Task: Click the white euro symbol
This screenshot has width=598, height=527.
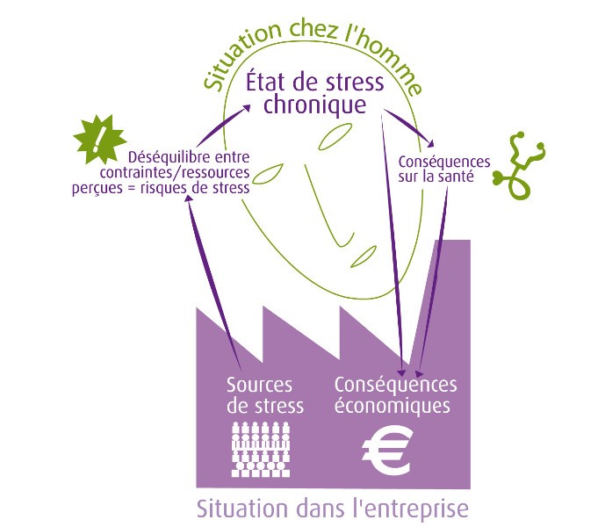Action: pos(386,451)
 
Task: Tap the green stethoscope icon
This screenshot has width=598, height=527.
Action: pos(520,166)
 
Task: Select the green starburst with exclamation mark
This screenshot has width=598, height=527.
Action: pos(99,139)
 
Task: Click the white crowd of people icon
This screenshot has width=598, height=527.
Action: pos(261,450)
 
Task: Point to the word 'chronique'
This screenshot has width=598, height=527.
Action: pos(315,105)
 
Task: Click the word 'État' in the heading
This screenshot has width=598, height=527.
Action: pos(263,82)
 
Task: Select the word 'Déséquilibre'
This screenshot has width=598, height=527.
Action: pos(169,157)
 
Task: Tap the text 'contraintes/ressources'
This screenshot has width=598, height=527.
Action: pos(175,172)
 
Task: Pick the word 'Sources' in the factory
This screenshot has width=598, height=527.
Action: pos(259,385)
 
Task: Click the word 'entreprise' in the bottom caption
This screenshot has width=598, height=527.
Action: pos(411,509)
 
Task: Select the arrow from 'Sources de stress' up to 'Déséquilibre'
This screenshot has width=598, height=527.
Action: pos(213,283)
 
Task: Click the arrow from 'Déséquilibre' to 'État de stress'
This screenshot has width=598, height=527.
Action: pos(224,126)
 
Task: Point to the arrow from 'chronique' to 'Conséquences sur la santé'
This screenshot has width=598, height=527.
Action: pos(409,128)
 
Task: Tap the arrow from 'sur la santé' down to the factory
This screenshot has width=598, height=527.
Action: pos(433,283)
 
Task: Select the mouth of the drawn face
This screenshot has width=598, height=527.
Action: pos(364,256)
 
